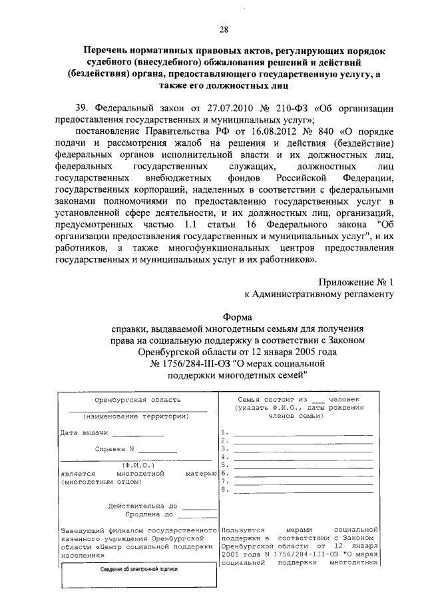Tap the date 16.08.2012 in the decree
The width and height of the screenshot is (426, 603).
(245, 131)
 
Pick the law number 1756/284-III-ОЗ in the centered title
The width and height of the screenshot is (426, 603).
(200, 363)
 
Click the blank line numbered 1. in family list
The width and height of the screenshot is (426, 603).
(303, 433)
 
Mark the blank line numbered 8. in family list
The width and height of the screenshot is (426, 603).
(303, 490)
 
